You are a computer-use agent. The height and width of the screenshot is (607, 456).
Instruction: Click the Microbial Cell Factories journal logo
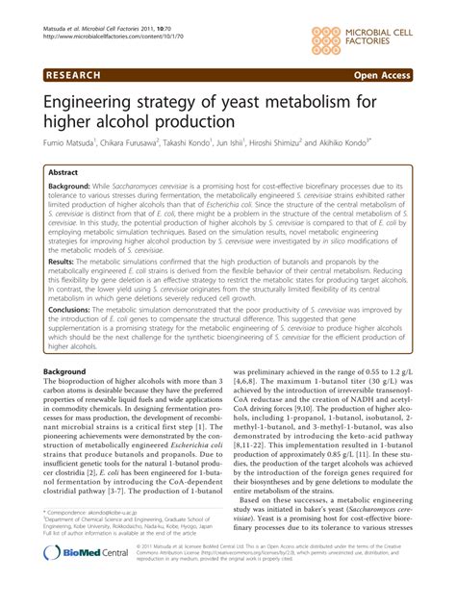376,30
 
